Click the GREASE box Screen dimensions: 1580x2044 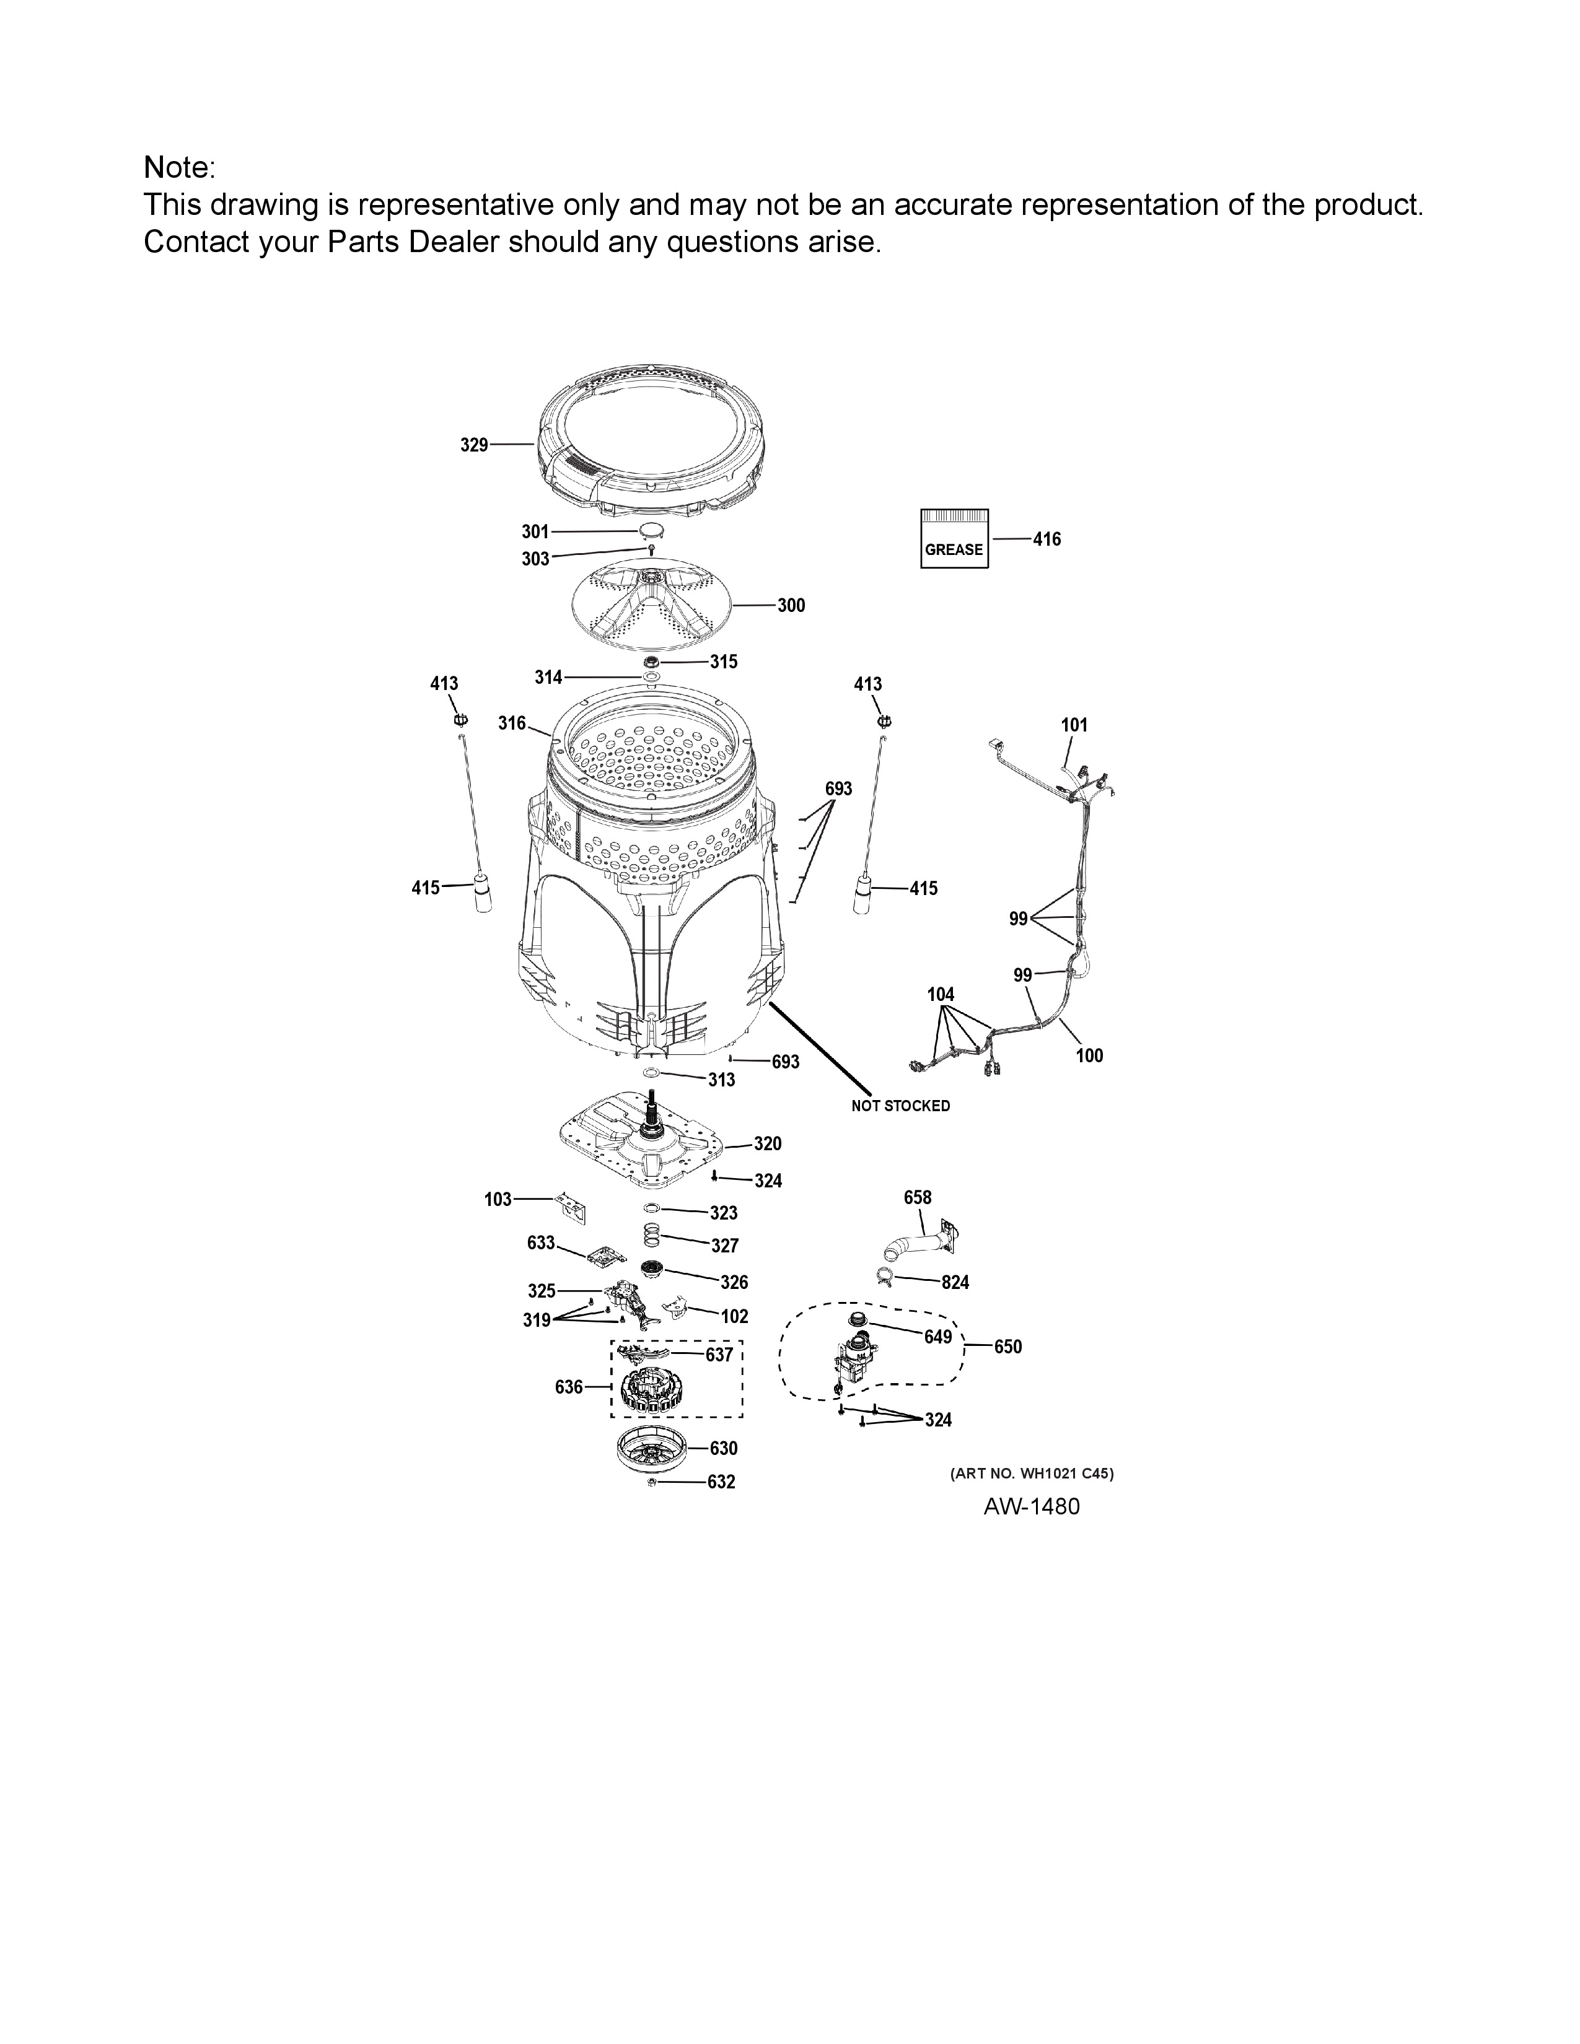click(954, 539)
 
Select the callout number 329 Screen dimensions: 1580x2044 click(473, 445)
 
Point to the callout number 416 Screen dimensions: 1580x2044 click(1047, 539)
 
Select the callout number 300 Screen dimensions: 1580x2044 click(791, 606)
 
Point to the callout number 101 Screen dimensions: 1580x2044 click(1074, 725)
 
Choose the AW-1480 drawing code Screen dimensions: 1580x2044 click(1032, 1507)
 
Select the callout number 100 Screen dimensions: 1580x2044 click(1089, 1055)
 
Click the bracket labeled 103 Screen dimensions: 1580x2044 click(573, 1207)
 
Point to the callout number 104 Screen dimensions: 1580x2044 click(941, 994)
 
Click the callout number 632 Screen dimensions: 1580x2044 click(721, 1482)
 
